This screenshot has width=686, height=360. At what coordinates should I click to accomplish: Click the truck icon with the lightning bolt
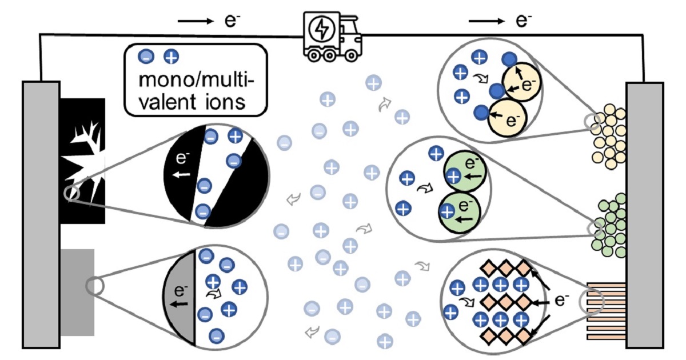click(332, 37)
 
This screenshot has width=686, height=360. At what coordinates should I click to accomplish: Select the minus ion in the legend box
click(146, 57)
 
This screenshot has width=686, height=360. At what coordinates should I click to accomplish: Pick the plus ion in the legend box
click(170, 57)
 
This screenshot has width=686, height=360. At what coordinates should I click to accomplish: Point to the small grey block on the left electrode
click(77, 291)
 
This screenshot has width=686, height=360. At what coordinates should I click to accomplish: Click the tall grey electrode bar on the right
click(645, 214)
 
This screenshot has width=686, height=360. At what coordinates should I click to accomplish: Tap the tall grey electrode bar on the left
click(41, 214)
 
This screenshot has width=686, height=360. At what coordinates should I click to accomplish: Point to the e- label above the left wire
click(232, 22)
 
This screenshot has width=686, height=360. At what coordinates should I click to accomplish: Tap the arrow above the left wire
click(195, 22)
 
